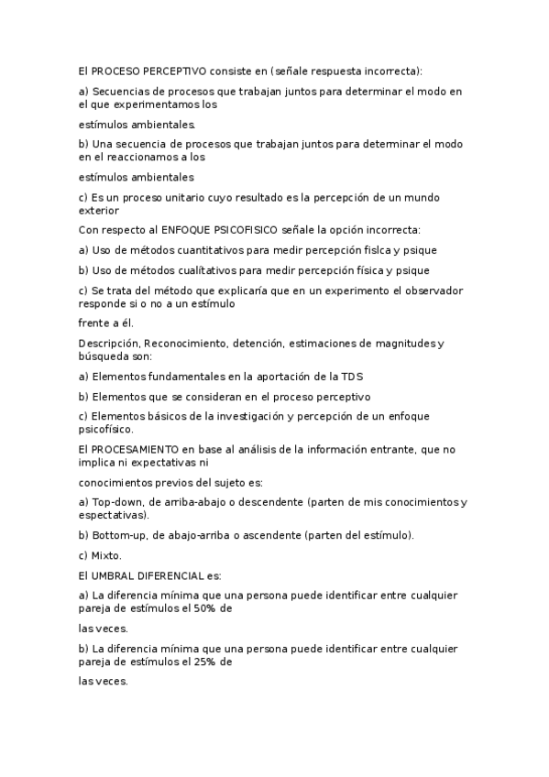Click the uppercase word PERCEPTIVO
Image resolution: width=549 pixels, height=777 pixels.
[x=175, y=70]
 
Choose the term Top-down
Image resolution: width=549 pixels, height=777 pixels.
[x=117, y=502]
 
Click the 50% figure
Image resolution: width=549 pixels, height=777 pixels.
[x=203, y=607]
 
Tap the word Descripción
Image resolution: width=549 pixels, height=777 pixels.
[x=108, y=344]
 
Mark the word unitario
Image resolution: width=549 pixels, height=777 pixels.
[x=187, y=197]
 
